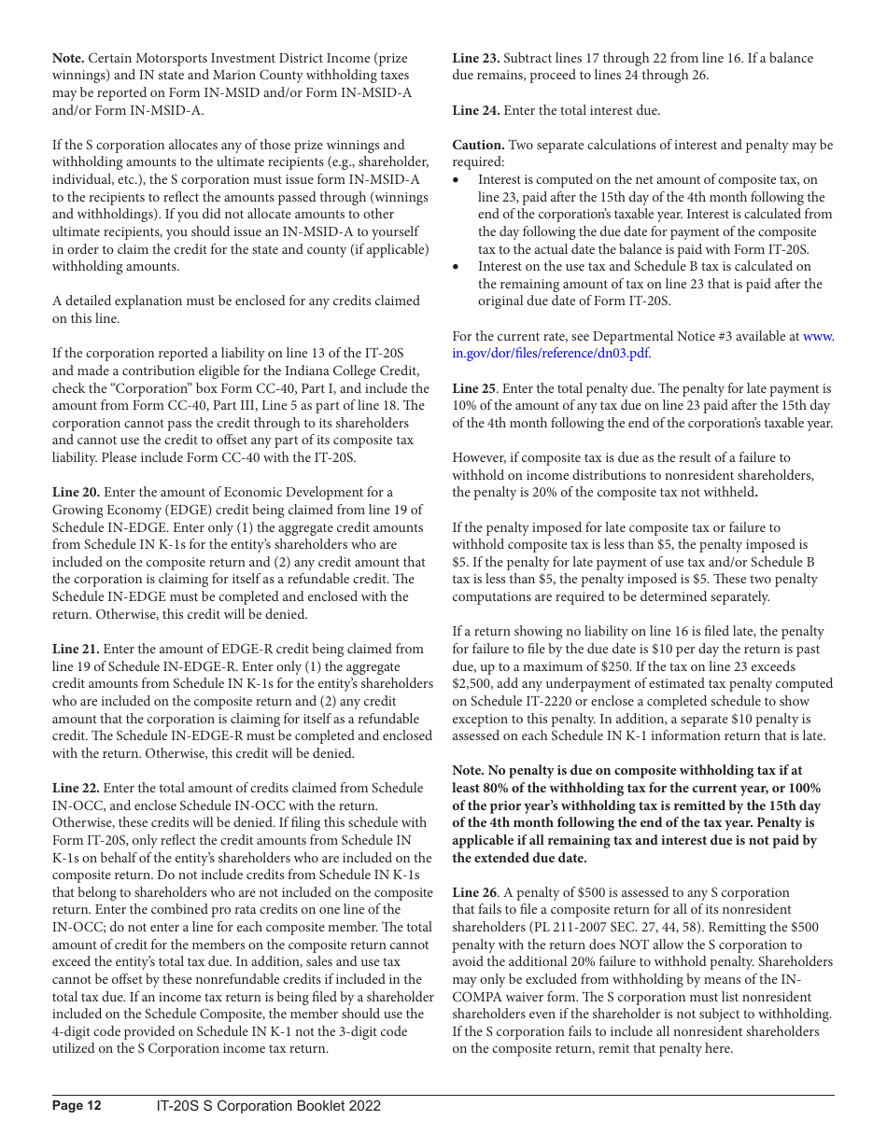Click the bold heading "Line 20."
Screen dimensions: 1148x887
pos(76,492)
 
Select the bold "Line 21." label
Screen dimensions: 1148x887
pos(76,649)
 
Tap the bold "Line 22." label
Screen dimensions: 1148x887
pos(76,788)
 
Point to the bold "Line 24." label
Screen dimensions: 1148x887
pos(476,110)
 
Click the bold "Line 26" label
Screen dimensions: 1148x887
pos(474,892)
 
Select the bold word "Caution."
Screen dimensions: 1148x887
pos(479,145)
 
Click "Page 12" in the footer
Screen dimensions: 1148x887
pos(77,1106)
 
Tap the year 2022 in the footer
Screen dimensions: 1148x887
pos(364,1106)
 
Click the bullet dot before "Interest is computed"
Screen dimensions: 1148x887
pos(456,180)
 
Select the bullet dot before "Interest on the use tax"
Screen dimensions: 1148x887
pos(456,267)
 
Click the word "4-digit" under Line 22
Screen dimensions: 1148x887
pos(74,1031)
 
